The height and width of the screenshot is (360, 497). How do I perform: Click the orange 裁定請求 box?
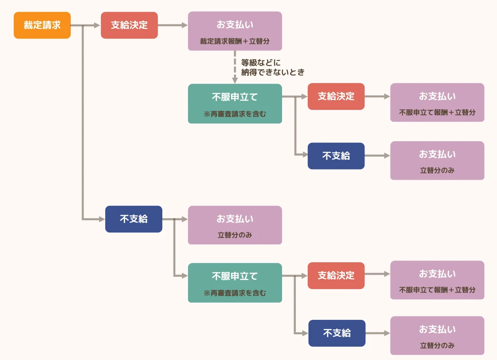[x=42, y=25]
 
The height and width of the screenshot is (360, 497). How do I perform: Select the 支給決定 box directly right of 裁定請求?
[x=129, y=25]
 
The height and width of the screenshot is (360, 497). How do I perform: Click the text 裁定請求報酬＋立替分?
[x=235, y=41]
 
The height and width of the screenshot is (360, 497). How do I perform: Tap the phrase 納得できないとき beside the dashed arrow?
[x=273, y=72]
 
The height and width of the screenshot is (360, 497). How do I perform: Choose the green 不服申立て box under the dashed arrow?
[x=235, y=104]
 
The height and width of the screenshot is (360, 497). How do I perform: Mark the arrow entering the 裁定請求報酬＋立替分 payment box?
[x=173, y=25]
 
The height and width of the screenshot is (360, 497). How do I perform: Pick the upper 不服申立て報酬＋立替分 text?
[x=437, y=112]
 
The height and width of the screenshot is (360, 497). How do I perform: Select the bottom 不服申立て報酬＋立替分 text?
[x=437, y=290]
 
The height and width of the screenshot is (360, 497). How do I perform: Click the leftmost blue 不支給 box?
[x=134, y=219]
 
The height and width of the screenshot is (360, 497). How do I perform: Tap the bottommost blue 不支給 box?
[x=337, y=333]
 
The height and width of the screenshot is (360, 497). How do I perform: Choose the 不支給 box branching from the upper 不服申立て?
[x=336, y=156]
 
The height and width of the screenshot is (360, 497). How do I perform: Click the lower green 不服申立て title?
[x=235, y=276]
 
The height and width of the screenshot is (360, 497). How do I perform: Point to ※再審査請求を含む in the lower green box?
[x=235, y=293]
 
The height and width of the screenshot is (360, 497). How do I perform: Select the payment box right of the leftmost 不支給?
[x=235, y=225]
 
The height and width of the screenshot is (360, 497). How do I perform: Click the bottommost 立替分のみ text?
[x=437, y=346]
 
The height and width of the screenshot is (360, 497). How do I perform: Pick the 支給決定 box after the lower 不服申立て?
[x=336, y=275]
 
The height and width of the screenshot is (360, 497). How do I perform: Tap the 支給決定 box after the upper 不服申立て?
[x=336, y=97]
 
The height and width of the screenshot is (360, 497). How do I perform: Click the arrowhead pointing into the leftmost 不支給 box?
[x=101, y=219]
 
